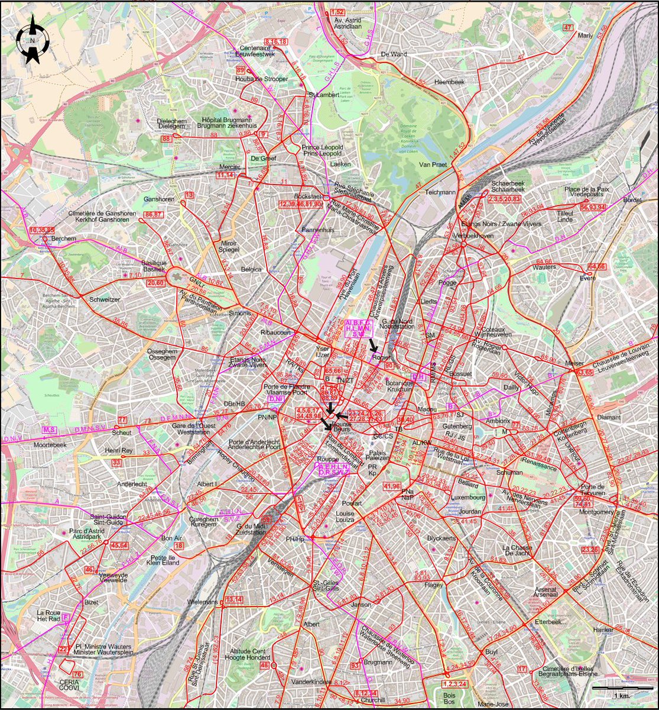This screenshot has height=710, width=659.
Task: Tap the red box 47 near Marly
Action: click(569, 28)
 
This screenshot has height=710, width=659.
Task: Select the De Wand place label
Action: click(394, 54)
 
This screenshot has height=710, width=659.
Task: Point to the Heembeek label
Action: click(447, 82)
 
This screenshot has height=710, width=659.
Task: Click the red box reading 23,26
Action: click(589, 550)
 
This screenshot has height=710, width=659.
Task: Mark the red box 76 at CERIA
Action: click(76, 674)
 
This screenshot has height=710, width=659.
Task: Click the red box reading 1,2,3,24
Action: click(454, 685)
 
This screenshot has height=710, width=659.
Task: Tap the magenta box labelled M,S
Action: click(50, 429)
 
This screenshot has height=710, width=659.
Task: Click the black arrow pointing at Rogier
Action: click(373, 344)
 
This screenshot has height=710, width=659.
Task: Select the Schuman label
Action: click(509, 473)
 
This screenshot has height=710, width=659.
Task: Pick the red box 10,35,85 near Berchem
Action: click(42, 229)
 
